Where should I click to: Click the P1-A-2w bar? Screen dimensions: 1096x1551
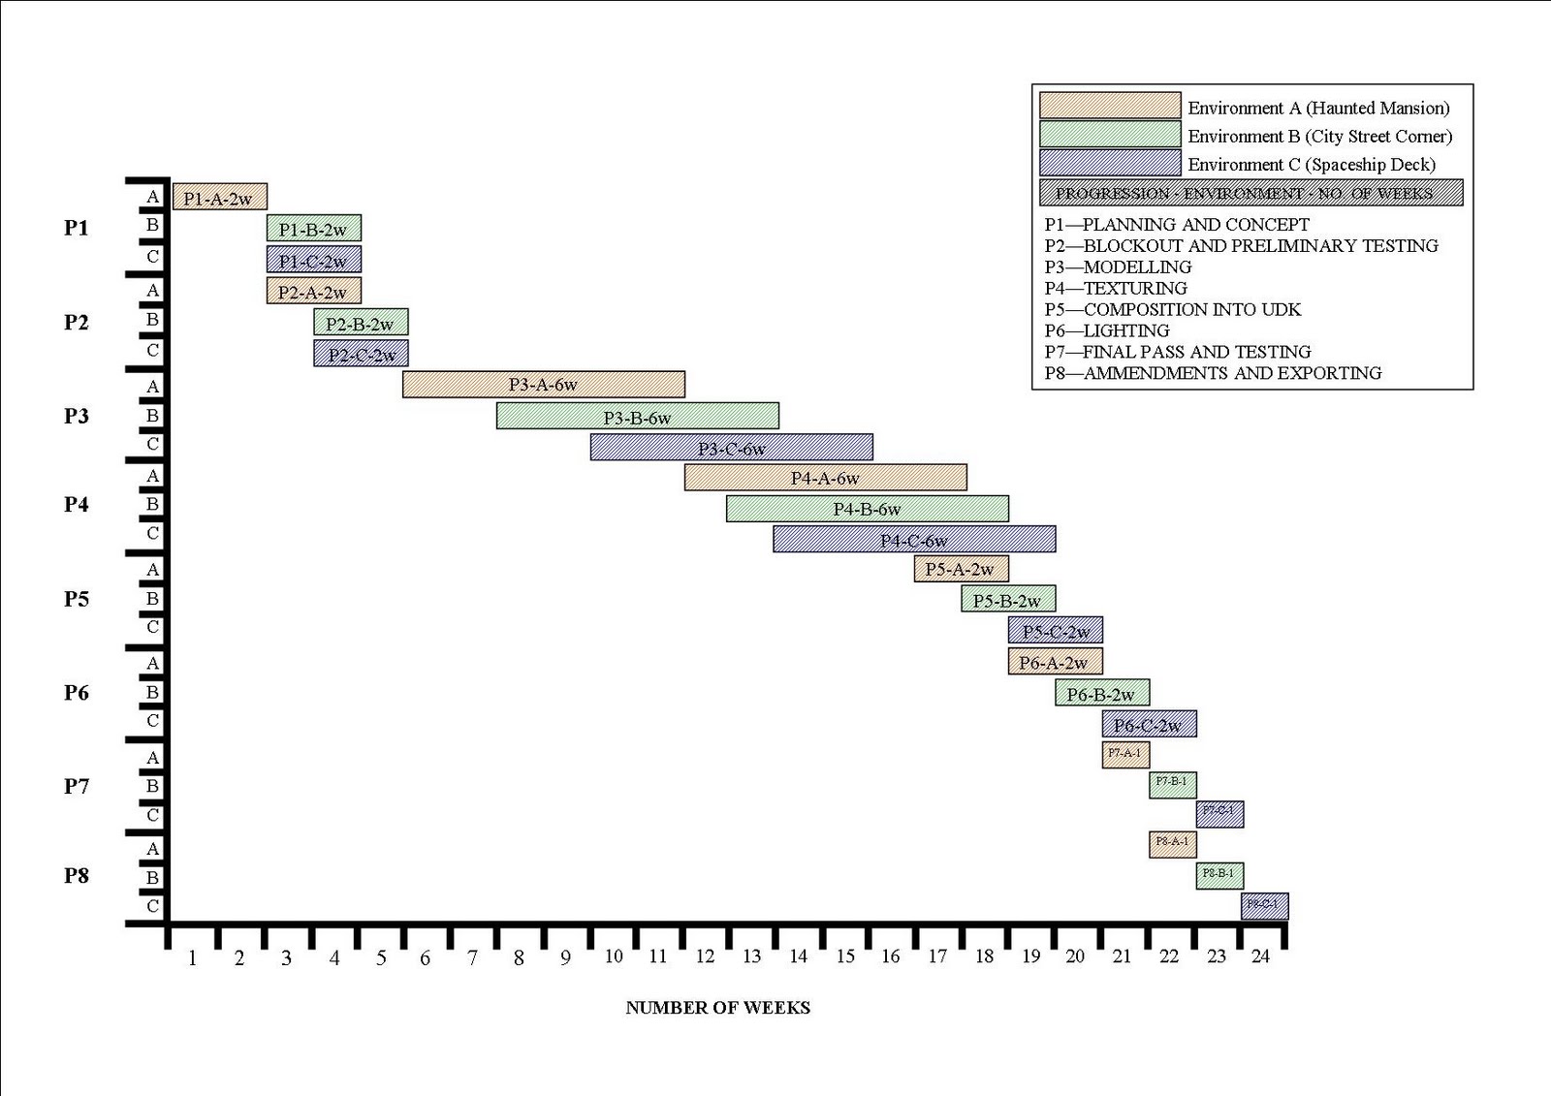click(219, 198)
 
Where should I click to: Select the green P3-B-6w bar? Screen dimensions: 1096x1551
click(637, 417)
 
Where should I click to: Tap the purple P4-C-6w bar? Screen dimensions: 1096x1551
click(913, 540)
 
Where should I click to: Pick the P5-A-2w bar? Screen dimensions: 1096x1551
click(961, 569)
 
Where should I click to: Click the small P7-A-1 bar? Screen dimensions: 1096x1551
click(1125, 754)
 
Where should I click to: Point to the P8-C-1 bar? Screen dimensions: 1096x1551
click(1264, 905)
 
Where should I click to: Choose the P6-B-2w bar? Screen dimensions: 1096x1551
click(1101, 693)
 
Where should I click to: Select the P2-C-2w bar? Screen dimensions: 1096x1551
click(361, 354)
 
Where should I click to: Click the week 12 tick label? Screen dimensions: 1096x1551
click(705, 956)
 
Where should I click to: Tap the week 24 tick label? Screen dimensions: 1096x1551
click(1260, 956)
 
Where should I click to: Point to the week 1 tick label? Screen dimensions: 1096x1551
click(192, 958)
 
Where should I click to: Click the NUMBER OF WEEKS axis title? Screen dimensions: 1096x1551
click(717, 1008)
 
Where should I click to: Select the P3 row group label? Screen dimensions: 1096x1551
click(77, 416)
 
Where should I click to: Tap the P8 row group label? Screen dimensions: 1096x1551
click(77, 875)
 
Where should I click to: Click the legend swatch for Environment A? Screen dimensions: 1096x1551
click(1109, 106)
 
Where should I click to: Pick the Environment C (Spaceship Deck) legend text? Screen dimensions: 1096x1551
click(1312, 165)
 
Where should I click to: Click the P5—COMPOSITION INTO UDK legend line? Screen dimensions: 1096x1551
click(1172, 309)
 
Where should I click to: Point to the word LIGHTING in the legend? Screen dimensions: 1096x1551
click(1125, 330)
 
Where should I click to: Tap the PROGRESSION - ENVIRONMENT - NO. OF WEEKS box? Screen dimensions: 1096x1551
click(1250, 193)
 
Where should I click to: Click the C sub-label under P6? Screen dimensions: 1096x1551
click(152, 721)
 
